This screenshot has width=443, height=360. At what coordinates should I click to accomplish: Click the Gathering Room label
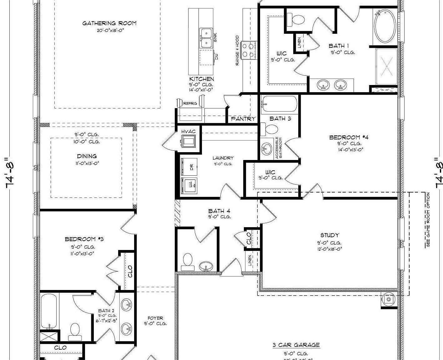point(109,23)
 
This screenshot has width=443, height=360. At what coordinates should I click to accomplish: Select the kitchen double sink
point(206,38)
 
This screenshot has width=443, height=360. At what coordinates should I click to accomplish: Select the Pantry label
point(243,119)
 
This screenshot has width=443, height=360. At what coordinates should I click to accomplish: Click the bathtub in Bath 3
point(279,104)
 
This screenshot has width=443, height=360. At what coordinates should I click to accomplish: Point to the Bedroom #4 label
point(349,137)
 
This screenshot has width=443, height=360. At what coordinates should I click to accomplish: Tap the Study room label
point(330,235)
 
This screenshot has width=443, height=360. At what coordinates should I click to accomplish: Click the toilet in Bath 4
point(188,262)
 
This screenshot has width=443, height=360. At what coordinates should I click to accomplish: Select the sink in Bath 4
point(206,266)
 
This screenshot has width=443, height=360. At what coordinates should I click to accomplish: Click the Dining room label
point(87,156)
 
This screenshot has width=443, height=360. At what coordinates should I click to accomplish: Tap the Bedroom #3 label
point(84,239)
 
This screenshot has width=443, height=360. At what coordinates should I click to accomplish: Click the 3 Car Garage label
point(296,345)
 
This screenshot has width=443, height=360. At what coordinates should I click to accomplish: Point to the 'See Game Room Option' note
point(428,220)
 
